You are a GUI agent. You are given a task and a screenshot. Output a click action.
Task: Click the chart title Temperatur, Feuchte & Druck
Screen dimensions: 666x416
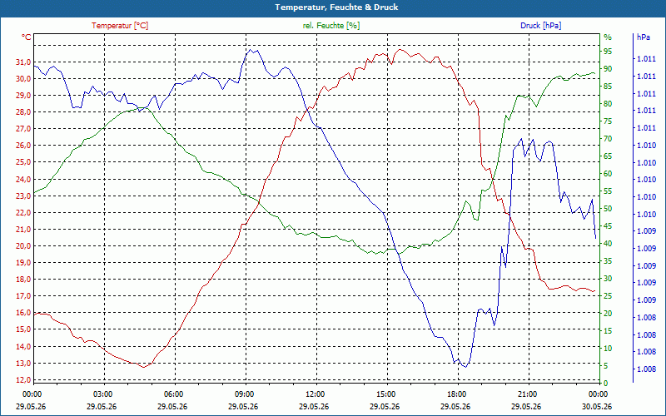coord(336,7)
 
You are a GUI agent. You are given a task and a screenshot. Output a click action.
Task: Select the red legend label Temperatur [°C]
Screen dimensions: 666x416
coord(120,26)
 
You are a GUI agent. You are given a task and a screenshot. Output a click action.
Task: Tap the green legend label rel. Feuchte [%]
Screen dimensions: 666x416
coord(331,26)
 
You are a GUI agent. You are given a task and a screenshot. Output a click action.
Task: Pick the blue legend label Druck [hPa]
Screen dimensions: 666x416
coord(540,26)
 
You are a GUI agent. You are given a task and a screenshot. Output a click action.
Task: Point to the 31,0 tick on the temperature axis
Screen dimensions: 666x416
coord(23,62)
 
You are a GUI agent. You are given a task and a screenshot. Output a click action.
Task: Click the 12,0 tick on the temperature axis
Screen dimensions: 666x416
coord(23,379)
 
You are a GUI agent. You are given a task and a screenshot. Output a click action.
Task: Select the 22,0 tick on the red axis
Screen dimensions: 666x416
coord(23,213)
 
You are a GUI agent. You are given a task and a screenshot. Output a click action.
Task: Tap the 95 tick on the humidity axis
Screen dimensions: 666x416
coord(608,52)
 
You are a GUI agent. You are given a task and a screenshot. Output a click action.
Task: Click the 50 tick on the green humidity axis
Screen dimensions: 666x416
coord(608,209)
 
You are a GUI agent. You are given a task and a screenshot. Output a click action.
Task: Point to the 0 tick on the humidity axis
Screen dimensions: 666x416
coord(606,383)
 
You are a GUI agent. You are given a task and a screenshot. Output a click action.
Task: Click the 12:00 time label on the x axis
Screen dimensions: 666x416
coord(315,394)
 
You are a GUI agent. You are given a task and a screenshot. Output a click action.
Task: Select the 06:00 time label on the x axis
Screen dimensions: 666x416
coord(173,394)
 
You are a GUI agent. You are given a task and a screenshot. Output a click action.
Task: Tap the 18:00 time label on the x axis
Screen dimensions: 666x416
coord(456,394)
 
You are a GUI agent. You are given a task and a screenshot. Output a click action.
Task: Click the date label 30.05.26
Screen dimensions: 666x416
coord(597,406)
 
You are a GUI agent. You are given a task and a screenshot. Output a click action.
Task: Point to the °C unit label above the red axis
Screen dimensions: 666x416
coord(27,37)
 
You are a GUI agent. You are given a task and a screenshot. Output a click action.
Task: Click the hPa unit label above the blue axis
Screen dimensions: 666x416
coord(644,37)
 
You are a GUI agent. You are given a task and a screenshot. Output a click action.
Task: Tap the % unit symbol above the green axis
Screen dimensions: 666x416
coord(608,37)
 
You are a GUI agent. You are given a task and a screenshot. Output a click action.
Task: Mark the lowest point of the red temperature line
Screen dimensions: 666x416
coord(144,367)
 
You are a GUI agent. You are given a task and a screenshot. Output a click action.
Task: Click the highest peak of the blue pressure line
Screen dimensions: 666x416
coord(251,50)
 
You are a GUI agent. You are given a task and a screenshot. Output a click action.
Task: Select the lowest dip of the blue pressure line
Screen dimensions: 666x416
coord(465,367)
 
